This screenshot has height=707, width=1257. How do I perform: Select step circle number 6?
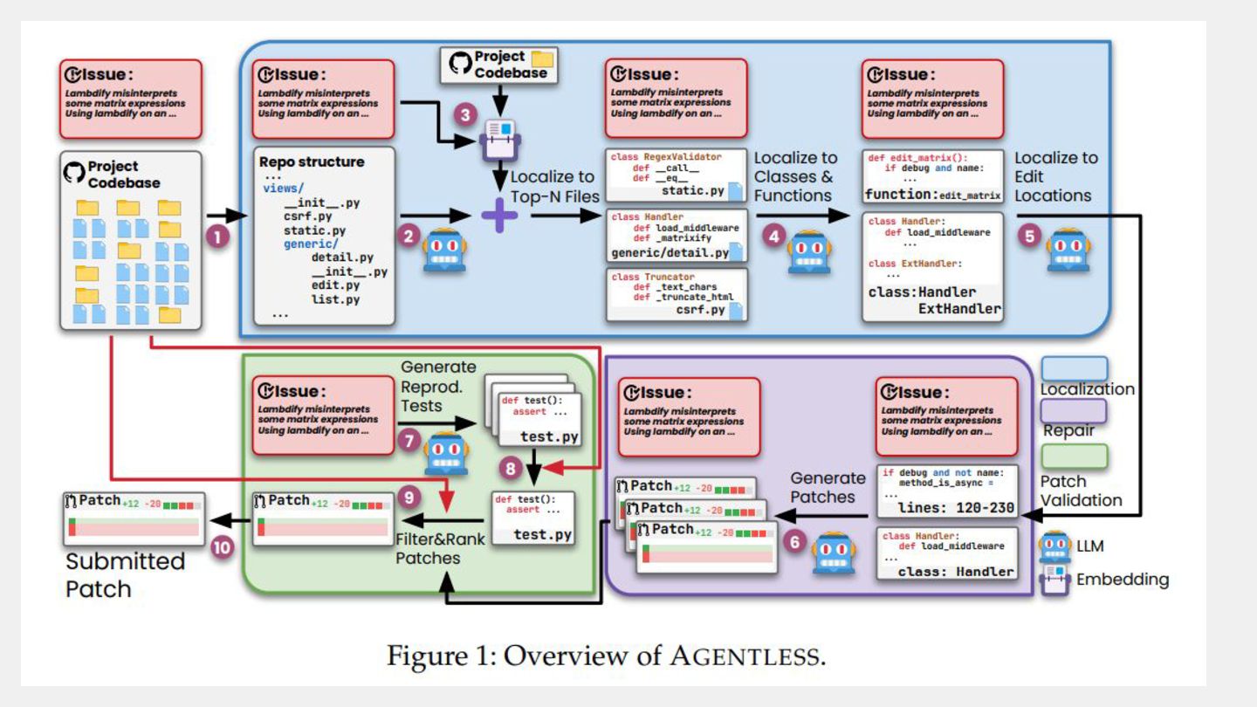pyautogui.click(x=793, y=542)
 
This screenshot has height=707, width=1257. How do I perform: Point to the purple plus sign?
pyautogui.click(x=499, y=215)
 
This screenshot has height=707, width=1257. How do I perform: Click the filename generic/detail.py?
pyautogui.click(x=670, y=253)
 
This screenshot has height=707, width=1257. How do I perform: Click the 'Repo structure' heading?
pyautogui.click(x=312, y=161)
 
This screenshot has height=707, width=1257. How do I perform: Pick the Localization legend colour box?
pyautogui.click(x=1075, y=368)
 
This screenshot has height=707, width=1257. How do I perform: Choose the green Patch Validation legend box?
pyautogui.click(x=1075, y=456)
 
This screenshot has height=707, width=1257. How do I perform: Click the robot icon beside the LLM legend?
pyautogui.click(x=1055, y=546)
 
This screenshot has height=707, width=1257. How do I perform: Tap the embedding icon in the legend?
pyautogui.click(x=1055, y=580)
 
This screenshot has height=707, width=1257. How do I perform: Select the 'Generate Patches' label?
pyautogui.click(x=827, y=487)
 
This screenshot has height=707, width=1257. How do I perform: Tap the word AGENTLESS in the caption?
pyautogui.click(x=745, y=655)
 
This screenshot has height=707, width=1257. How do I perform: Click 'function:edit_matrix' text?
pyautogui.click(x=932, y=195)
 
